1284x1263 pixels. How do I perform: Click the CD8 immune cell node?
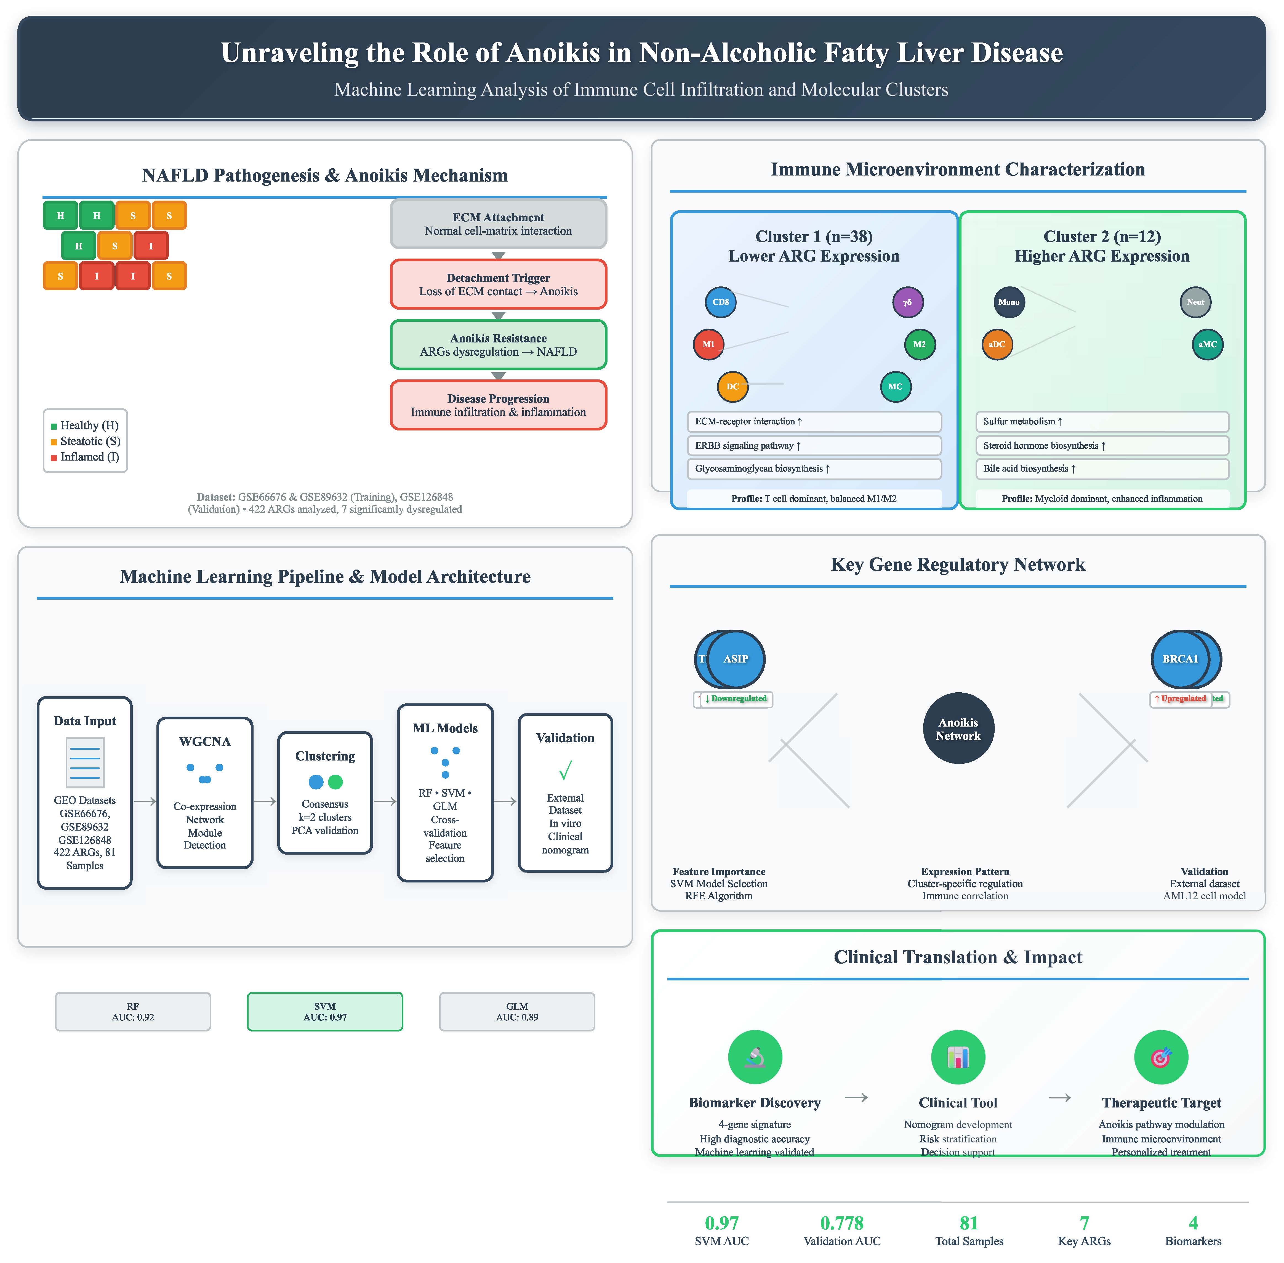click(x=720, y=302)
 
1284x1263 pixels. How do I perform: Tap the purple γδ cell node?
click(x=907, y=302)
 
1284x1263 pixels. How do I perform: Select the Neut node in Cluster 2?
click(x=1195, y=302)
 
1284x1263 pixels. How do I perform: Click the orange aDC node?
click(x=997, y=344)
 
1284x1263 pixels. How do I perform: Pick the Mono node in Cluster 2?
click(x=1009, y=302)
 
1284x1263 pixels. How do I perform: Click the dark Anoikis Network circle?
click(x=958, y=728)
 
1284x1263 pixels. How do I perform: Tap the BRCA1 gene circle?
click(x=1180, y=659)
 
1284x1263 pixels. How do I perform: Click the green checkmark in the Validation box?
click(x=565, y=771)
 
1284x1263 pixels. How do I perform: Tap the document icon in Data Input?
click(x=85, y=763)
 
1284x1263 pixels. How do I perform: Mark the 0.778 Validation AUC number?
click(x=842, y=1222)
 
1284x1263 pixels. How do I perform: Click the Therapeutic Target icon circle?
click(x=1161, y=1057)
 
